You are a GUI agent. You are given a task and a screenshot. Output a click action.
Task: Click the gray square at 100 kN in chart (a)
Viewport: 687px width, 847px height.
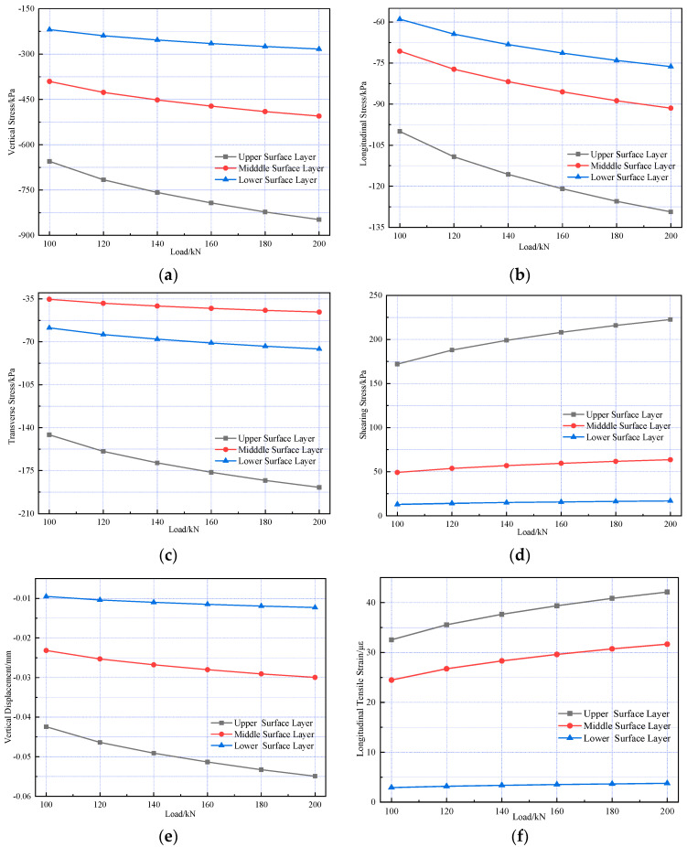49,162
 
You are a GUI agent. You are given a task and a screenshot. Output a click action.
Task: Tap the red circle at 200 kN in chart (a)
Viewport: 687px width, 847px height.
318,116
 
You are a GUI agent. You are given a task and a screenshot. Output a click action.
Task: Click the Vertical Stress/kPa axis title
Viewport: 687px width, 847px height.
11,122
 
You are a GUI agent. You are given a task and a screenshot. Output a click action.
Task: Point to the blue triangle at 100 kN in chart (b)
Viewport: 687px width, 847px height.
400,19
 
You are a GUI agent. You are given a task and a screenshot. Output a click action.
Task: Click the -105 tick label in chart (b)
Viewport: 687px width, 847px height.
377,145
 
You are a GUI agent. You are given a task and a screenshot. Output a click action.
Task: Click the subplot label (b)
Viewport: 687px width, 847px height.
520,275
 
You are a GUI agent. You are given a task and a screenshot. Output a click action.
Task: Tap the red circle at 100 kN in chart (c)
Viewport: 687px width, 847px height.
49,299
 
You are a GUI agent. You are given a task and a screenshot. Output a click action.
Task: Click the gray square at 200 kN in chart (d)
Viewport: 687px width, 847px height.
671,320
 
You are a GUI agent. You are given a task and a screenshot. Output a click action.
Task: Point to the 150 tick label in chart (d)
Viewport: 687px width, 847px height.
376,383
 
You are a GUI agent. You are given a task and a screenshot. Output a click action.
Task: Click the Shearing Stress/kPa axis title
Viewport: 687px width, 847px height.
363,404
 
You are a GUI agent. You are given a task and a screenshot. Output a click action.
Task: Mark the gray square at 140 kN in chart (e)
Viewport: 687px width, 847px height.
154,753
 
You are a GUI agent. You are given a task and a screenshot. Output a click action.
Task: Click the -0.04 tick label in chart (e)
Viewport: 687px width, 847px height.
22,717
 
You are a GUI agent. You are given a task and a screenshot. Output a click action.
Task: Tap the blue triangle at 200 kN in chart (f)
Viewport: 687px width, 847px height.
667,783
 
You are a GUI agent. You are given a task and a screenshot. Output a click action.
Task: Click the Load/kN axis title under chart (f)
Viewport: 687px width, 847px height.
529,817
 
